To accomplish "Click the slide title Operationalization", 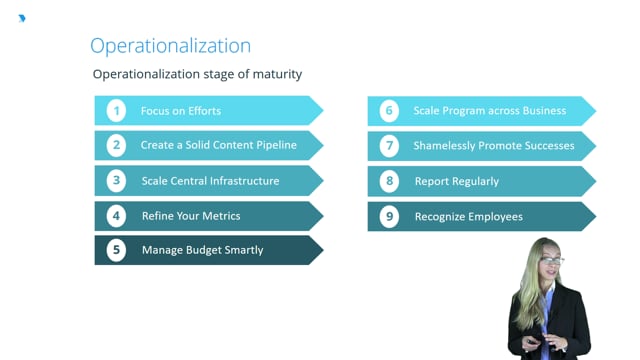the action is coord(171,46).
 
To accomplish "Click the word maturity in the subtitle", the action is coord(278,74).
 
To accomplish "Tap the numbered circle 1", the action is coord(116,111).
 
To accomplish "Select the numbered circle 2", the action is coord(116,145).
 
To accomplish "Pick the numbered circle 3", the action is coord(116,180).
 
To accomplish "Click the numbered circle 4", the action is coord(116,216).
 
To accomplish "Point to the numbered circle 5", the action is coord(116,250).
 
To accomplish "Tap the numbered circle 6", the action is coord(389,111).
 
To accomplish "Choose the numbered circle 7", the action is coord(389,146).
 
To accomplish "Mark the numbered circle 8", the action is coord(389,181).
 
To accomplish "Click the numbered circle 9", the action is coord(389,216).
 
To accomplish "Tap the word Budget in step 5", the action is coord(204,250).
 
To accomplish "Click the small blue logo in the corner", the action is coord(22,18).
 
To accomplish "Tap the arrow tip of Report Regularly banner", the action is coord(596,181).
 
